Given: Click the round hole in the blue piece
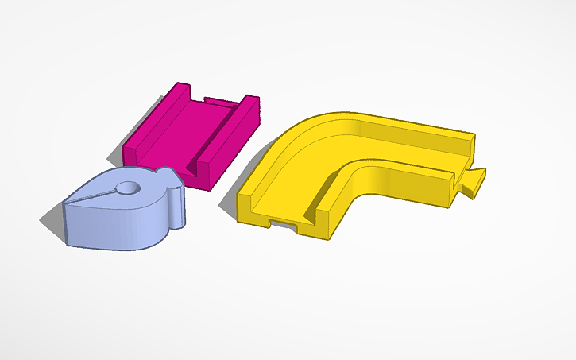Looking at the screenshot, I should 126,189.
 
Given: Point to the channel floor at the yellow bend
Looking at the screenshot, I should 334,151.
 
